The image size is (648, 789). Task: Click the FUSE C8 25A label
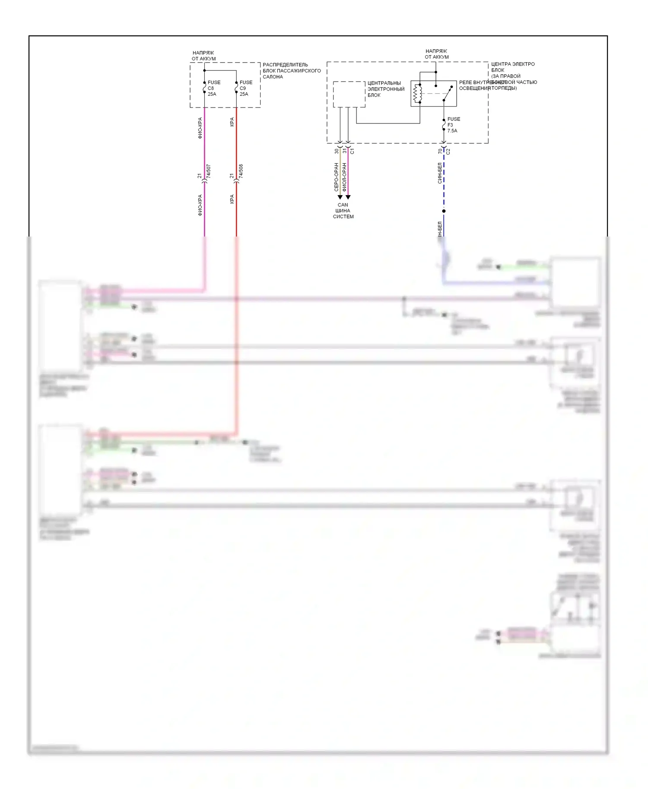213,88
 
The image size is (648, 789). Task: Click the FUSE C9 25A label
245,88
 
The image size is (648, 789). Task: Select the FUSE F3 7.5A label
453,125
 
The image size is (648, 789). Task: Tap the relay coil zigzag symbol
416,93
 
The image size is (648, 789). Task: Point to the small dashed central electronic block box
349,94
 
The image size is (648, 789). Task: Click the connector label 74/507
209,171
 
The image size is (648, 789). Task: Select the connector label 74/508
241,171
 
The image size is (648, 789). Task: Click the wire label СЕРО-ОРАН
336,177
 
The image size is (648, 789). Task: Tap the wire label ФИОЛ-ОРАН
344,177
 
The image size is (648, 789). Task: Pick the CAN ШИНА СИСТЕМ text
343,211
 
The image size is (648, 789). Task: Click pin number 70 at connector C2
440,151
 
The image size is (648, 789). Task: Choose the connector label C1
352,151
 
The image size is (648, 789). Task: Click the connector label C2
448,151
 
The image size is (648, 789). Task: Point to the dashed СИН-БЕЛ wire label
440,173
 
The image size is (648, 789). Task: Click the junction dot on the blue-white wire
444,211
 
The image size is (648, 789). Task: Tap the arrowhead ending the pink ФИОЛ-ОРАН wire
348,197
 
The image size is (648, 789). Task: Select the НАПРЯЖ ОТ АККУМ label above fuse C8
203,56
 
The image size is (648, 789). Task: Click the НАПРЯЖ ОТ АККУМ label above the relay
436,54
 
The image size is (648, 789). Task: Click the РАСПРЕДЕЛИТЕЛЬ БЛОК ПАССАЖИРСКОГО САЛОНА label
292,71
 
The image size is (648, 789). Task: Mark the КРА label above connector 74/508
232,122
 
